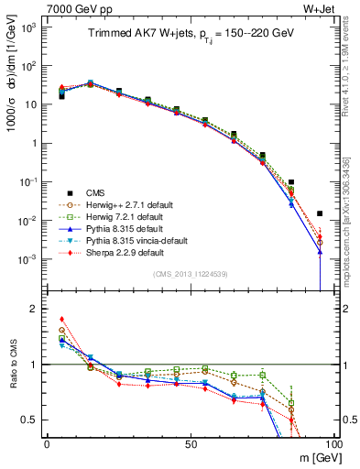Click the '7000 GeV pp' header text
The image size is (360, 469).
coord(72,8)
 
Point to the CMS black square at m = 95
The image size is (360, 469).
coord(320,213)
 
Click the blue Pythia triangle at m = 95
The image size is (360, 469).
coord(320,251)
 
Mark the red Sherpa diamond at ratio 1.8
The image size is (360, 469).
coord(61,320)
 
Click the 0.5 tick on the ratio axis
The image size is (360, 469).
coord(33,420)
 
